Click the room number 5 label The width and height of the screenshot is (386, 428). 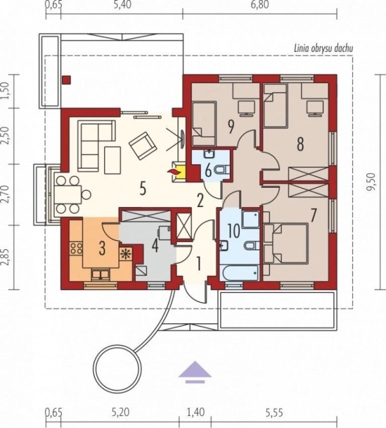click(143, 188)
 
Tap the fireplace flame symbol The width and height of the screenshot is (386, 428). click(174, 172)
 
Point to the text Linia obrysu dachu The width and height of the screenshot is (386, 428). click(323, 49)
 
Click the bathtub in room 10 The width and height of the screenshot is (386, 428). click(239, 272)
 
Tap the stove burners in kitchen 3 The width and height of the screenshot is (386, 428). click(76, 248)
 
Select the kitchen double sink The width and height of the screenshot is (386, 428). click(101, 274)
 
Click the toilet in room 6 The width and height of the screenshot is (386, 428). click(222, 170)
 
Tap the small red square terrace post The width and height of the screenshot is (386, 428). click(66, 80)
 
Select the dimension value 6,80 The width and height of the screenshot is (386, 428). click(260, 4)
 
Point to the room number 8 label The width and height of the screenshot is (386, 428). click(300, 144)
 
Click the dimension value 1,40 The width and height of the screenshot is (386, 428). click(195, 412)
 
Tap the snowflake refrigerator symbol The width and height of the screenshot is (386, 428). click(126, 254)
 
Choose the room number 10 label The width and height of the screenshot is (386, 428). click(234, 231)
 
